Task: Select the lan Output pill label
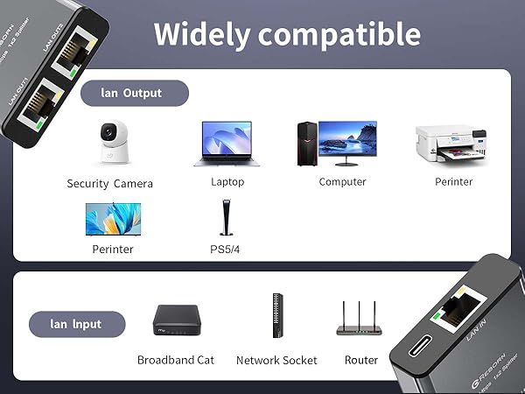134,94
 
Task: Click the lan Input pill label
77,324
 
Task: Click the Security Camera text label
110,184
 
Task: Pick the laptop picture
227,143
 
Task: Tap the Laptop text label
227,182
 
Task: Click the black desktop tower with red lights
305,144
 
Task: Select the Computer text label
342,182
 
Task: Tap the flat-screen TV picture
113,219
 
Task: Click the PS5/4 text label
225,250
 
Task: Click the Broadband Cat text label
176,360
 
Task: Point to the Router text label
360,360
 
